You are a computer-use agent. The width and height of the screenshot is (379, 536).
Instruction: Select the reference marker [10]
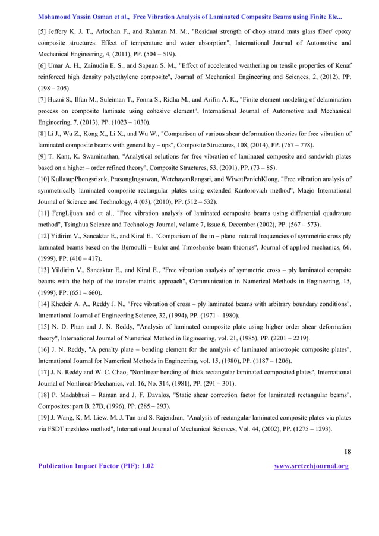(45, 179)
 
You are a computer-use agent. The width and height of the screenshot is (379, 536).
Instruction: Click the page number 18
(348, 452)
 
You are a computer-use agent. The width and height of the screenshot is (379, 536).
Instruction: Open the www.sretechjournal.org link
(311, 466)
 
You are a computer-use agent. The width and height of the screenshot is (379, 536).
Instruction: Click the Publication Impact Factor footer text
(96, 466)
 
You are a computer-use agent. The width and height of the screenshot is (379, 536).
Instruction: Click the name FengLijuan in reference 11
(74, 213)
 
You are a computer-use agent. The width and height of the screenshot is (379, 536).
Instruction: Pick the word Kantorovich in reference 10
(254, 190)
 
